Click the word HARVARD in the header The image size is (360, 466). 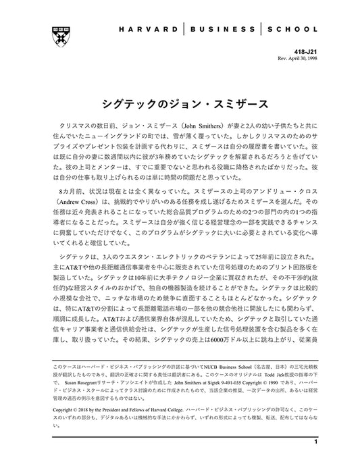pyautogui.click(x=152, y=30)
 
